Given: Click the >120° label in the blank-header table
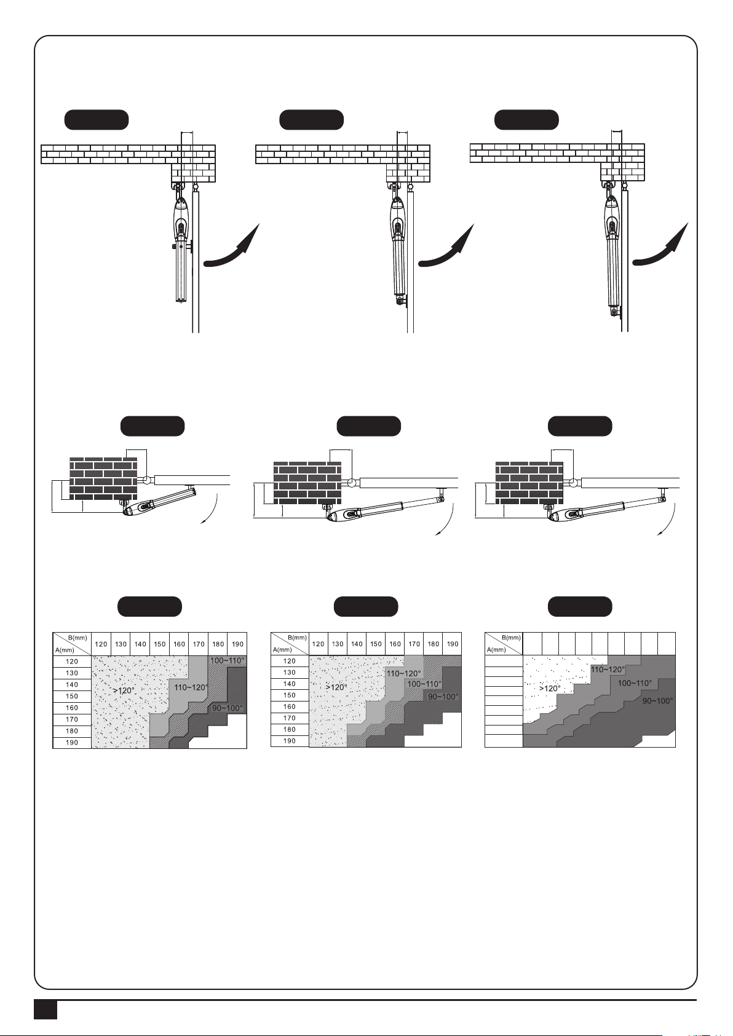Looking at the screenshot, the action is click(x=550, y=688).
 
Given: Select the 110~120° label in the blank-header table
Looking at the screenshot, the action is click(x=608, y=669).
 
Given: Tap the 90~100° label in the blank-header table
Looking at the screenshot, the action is click(x=657, y=701).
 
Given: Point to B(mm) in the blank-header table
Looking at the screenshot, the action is click(x=512, y=638).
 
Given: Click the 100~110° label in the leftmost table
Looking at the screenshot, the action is click(x=227, y=660).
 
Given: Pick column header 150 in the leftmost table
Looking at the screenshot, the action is click(x=159, y=644).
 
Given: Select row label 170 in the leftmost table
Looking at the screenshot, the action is click(x=72, y=719).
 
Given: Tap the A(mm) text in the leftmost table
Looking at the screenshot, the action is click(x=65, y=650).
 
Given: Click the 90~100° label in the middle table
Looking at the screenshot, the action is click(x=443, y=697).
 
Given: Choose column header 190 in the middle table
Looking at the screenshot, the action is click(x=453, y=644).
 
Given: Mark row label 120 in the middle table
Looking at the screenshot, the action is click(x=289, y=661).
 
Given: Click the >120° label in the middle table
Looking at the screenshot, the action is click(x=336, y=687).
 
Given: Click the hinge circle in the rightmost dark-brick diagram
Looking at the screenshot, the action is click(x=574, y=483).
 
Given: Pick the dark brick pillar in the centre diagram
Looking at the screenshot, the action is click(x=307, y=483).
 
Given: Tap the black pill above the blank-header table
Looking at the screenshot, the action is click(x=580, y=606).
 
